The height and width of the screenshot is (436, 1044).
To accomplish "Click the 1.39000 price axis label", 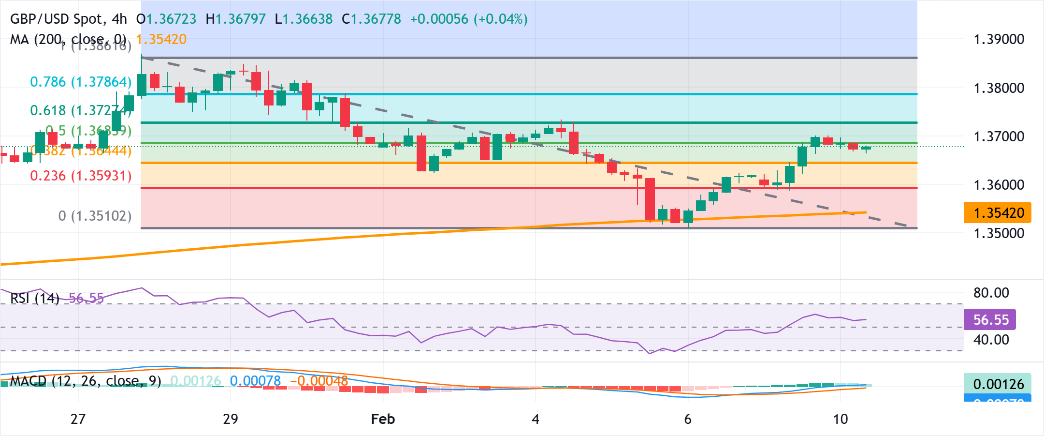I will point(999,39).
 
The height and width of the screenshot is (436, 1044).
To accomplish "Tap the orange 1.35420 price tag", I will point(998,213).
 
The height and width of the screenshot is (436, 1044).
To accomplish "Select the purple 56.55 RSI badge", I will point(990,320).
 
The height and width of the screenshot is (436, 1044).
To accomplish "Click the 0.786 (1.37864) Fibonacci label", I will point(81,82).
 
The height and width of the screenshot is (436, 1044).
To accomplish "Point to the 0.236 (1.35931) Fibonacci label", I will point(81,176).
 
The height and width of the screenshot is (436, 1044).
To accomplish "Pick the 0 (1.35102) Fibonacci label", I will point(95,216).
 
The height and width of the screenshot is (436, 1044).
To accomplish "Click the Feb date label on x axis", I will point(383,419).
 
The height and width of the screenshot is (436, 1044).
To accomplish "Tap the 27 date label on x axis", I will point(78,419).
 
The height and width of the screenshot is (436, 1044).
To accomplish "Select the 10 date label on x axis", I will point(841,419).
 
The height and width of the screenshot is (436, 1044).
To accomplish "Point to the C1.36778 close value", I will point(371,19).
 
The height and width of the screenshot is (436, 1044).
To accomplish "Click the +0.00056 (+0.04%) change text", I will point(468,19).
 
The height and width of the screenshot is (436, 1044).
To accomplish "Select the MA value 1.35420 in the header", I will point(161,39).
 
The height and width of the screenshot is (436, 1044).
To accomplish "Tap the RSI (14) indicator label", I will point(35,298).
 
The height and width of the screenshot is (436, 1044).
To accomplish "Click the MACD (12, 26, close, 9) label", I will point(86,381).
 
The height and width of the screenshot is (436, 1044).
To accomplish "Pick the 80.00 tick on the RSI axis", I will point(991,293).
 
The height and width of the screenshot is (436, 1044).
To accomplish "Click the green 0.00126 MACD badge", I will point(998,384).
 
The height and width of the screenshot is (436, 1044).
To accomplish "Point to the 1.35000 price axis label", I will point(999,233).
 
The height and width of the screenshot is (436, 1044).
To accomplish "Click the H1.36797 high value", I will point(235,19).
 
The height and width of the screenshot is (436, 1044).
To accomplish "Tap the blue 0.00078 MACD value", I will point(255,381).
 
